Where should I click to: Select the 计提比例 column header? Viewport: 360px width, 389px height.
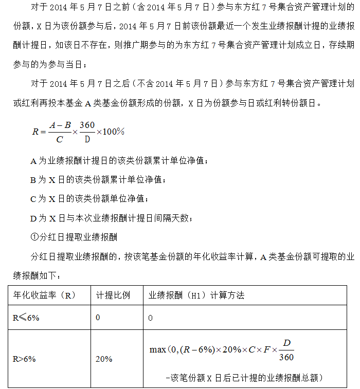click(113, 295)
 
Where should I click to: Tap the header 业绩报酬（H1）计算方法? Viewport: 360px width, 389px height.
click(196, 295)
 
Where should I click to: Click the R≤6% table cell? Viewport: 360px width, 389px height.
click(26, 318)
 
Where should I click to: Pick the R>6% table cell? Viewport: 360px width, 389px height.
click(25, 359)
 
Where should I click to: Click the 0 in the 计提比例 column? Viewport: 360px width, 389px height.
click(98, 318)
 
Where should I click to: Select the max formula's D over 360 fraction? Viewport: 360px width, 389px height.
click(287, 349)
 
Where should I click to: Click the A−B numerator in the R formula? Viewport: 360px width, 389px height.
click(60, 125)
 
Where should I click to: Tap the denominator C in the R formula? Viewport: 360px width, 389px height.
click(60, 139)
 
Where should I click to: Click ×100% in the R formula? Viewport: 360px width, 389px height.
click(111, 132)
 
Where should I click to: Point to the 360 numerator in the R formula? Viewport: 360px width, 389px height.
click(87, 125)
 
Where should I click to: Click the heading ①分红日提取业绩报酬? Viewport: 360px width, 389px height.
click(74, 236)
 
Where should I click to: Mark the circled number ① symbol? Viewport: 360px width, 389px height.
click(34, 236)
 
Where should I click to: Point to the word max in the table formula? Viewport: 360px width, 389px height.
click(157, 349)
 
